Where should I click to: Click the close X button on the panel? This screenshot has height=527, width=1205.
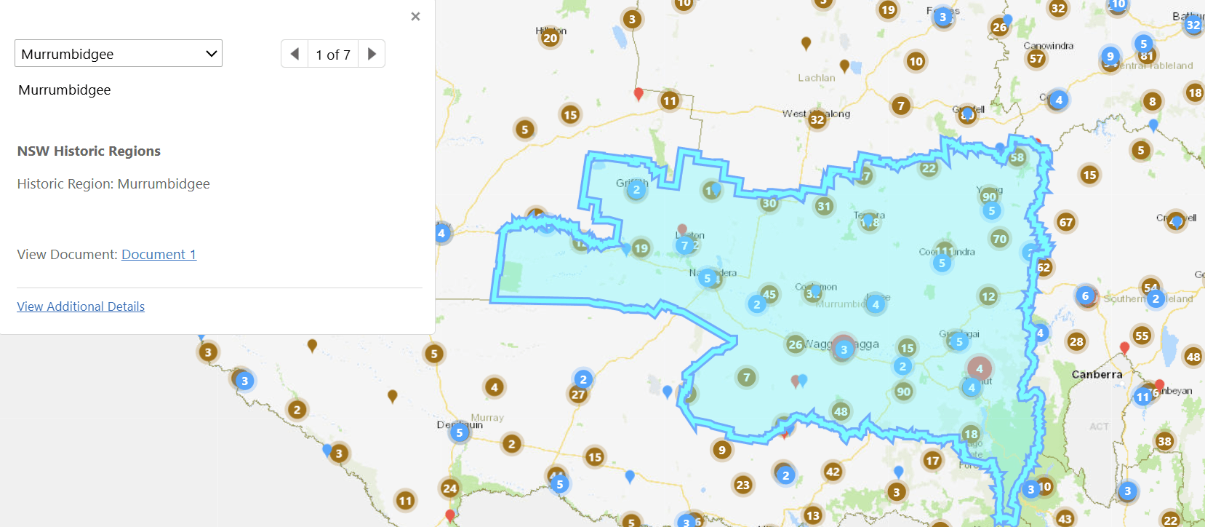pyautogui.click(x=415, y=17)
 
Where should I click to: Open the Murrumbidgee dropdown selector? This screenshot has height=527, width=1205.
pyautogui.click(x=119, y=54)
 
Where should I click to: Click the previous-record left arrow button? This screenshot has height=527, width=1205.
pyautogui.click(x=295, y=54)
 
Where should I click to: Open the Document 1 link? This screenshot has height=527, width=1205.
pyautogui.click(x=159, y=255)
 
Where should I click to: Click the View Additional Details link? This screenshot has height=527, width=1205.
pyautogui.click(x=81, y=307)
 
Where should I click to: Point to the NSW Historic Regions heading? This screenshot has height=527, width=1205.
pyautogui.click(x=89, y=151)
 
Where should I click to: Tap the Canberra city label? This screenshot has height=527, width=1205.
pyautogui.click(x=1097, y=375)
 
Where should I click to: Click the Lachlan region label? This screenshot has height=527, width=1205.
pyautogui.click(x=817, y=78)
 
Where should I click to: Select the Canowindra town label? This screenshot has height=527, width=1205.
pyautogui.click(x=1048, y=46)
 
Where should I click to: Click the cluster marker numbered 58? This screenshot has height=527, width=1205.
pyautogui.click(x=1017, y=158)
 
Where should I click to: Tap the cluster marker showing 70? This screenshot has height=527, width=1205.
pyautogui.click(x=1000, y=239)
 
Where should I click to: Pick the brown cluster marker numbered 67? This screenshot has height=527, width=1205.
pyautogui.click(x=1066, y=223)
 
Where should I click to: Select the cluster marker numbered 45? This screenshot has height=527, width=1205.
pyautogui.click(x=769, y=294)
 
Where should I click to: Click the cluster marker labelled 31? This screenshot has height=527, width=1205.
pyautogui.click(x=824, y=207)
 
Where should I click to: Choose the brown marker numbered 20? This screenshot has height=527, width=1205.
pyautogui.click(x=551, y=39)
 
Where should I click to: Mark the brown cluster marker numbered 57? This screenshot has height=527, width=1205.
pyautogui.click(x=1036, y=59)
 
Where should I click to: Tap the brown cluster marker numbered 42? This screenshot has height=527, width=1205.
pyautogui.click(x=833, y=472)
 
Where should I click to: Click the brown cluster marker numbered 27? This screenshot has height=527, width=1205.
pyautogui.click(x=578, y=395)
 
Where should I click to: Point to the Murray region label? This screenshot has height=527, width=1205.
pyautogui.click(x=487, y=418)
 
